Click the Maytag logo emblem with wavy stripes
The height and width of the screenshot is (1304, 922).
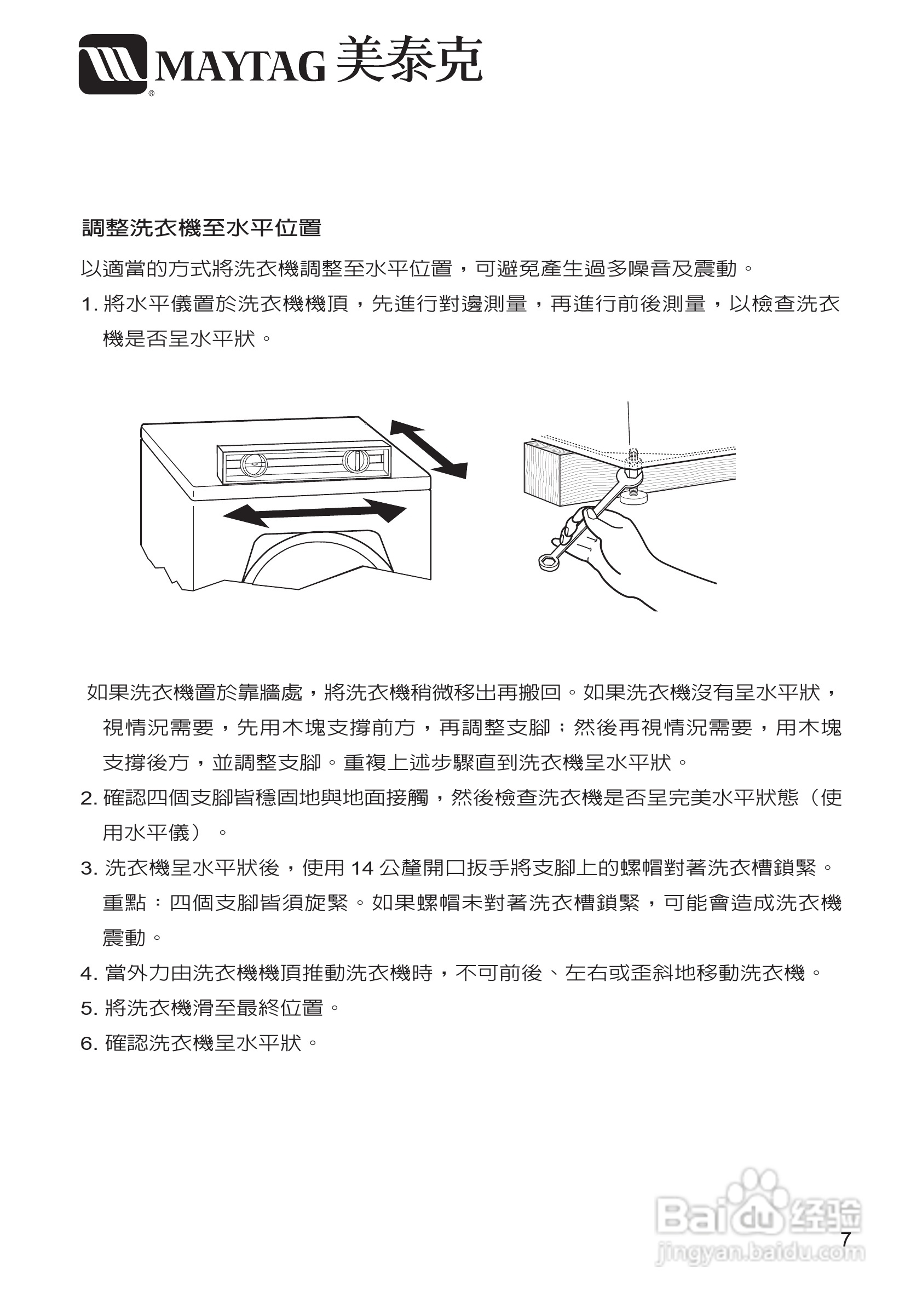113,64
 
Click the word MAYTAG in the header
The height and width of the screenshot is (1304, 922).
239,66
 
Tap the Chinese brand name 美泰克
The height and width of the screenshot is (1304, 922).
409,61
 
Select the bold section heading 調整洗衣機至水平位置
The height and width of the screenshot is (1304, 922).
201,228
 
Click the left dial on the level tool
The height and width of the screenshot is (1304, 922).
253,464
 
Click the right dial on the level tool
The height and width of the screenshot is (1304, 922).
355,460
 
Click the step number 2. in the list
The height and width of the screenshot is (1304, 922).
89,799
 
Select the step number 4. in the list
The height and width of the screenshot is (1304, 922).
89,973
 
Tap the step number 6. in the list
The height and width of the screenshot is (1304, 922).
89,1043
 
